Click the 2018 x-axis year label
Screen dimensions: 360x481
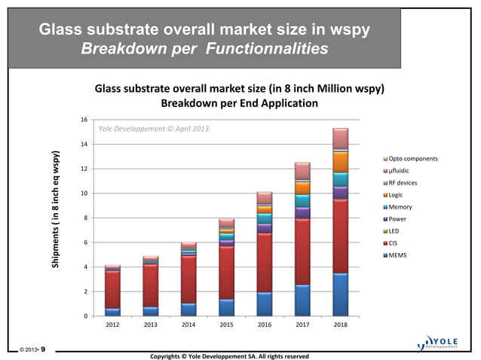click(340, 328)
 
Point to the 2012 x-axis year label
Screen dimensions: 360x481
click(112, 328)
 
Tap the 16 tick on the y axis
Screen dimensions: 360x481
click(84, 120)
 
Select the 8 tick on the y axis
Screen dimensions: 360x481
click(86, 218)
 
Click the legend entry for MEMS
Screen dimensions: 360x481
click(397, 255)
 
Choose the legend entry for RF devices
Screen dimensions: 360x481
click(403, 183)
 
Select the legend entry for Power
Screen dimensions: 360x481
click(398, 219)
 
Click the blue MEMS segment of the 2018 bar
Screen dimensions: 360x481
click(340, 294)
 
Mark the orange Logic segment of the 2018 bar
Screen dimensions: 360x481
click(340, 162)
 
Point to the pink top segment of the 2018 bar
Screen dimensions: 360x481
click(340, 139)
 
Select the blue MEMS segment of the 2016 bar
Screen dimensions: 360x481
click(264, 304)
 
